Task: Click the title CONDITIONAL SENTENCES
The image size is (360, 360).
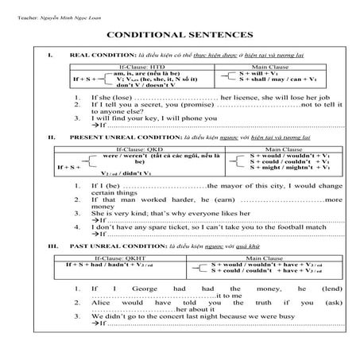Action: click(180, 36)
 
